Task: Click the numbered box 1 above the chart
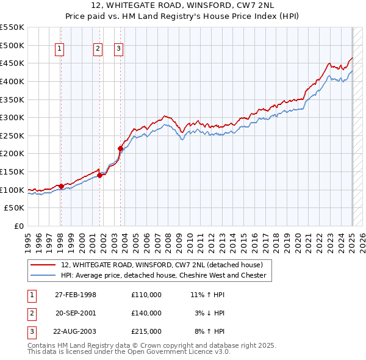[60, 49]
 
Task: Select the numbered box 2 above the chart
[98, 49]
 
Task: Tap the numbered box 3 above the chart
[118, 49]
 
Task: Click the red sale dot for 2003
[120, 148]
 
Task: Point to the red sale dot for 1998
[61, 186]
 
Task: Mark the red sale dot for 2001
[99, 176]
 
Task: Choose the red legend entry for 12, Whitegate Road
[162, 265]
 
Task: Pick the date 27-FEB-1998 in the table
[76, 295]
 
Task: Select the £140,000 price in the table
[146, 313]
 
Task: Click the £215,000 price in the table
[146, 331]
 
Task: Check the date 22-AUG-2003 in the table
[76, 331]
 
